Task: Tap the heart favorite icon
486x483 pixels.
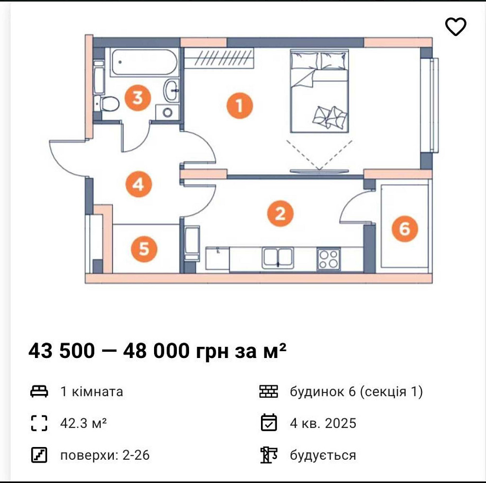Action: (x=455, y=27)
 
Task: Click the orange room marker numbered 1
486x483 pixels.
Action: (x=239, y=105)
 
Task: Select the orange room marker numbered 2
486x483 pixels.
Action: (x=279, y=213)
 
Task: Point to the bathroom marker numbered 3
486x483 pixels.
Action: (x=138, y=98)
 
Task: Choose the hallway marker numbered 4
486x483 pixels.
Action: (x=138, y=184)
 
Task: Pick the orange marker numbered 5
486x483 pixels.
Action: (x=144, y=249)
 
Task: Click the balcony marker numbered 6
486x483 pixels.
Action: (x=404, y=228)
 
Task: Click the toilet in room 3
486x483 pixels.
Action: (x=108, y=104)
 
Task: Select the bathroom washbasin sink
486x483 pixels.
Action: (x=172, y=89)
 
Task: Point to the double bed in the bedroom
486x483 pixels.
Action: (x=320, y=91)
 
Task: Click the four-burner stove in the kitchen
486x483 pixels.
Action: (x=328, y=258)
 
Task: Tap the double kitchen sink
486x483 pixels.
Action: (x=277, y=257)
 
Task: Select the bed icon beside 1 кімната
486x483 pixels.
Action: (x=39, y=391)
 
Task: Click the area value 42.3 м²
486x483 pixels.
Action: (x=83, y=423)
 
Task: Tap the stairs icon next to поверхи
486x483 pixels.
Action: (x=39, y=455)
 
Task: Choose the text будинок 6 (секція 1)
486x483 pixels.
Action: (x=356, y=391)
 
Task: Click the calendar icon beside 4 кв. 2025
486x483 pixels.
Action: (x=269, y=423)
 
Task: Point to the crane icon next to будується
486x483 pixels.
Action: (x=269, y=455)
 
